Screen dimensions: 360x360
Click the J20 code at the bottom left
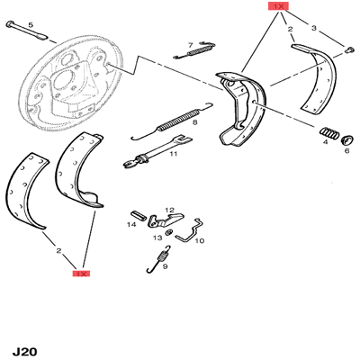point(24,352)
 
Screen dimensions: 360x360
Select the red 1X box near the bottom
point(81,274)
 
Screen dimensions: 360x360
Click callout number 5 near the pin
point(31,25)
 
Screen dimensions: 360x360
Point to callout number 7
point(190,45)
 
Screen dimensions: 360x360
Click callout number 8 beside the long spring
point(195,122)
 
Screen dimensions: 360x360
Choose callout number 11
point(173,154)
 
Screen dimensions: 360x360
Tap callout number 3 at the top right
point(314,28)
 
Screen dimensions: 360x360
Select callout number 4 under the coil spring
point(326,141)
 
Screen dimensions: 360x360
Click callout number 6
point(346,150)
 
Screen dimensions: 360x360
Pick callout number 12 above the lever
point(169,210)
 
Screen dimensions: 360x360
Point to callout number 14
point(131,224)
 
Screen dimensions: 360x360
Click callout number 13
point(157,238)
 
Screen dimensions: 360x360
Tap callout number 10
point(200,240)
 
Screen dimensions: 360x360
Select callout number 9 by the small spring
point(165,266)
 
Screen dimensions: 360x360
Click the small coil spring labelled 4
point(329,132)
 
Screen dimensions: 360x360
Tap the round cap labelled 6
point(347,139)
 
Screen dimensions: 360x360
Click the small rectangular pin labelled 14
point(139,214)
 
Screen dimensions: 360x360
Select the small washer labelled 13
point(169,232)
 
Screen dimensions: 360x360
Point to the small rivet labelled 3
point(348,49)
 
